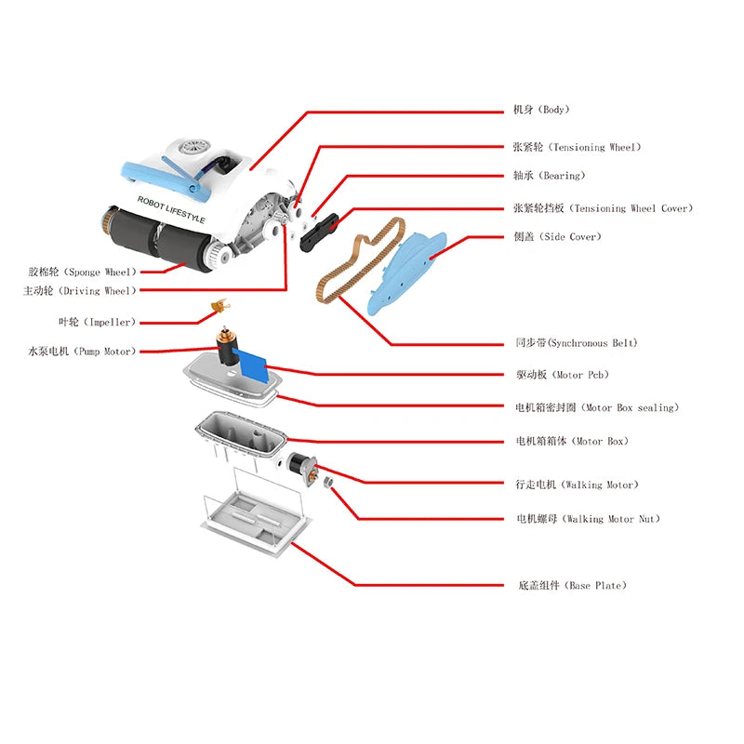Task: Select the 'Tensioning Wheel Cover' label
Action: click(x=603, y=208)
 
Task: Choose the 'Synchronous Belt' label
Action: click(x=577, y=343)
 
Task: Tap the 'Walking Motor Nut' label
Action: click(x=588, y=519)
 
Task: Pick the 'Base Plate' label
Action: click(x=571, y=586)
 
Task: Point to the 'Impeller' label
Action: click(x=96, y=322)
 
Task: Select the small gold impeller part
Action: click(x=220, y=305)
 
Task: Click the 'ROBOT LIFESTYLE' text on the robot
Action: click(x=171, y=208)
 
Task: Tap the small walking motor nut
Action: click(x=327, y=482)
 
